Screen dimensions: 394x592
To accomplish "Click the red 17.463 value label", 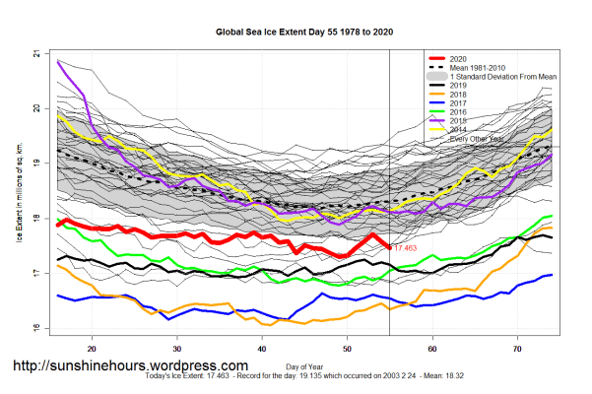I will tap(405, 248).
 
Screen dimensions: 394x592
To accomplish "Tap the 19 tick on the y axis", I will tap(36, 163).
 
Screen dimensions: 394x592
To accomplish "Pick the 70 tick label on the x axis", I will tap(518, 348).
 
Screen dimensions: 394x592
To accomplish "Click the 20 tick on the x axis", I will tap(92, 348).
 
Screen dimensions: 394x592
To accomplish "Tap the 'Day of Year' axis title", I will tap(304, 367).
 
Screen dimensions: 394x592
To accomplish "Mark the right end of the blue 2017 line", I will tap(552, 275).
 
